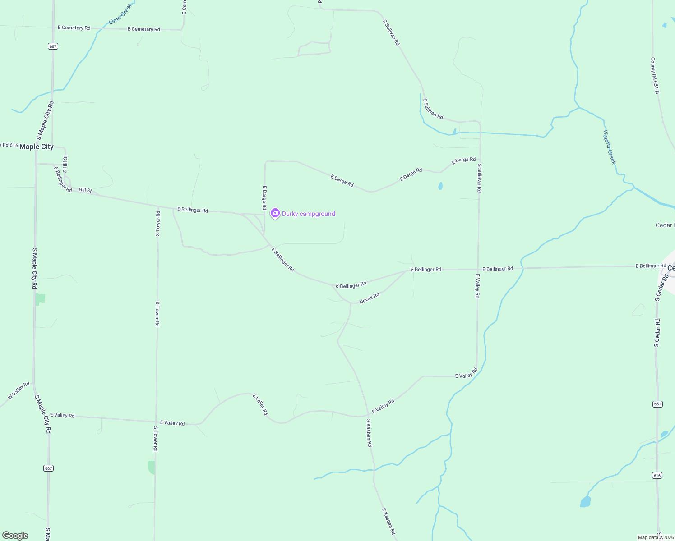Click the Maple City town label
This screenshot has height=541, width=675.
(36, 147)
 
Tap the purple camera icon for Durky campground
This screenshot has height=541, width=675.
(275, 213)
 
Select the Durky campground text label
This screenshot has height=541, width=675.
(308, 214)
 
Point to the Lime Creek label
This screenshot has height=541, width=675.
(120, 14)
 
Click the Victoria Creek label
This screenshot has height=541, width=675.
(610, 147)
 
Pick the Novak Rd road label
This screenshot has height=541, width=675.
(369, 298)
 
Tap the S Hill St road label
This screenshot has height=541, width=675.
(65, 164)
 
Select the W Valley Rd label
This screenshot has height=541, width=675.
(18, 391)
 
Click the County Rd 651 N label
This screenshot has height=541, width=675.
(655, 75)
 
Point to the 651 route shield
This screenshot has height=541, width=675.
(657, 404)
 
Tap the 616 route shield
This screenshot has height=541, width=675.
(657, 475)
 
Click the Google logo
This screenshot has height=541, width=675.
(15, 536)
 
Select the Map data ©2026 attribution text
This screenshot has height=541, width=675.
(656, 537)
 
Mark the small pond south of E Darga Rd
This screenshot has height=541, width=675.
(440, 186)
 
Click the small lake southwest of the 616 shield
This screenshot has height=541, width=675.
(585, 501)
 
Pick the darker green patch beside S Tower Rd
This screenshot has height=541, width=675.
(152, 467)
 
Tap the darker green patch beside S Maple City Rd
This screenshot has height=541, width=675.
(41, 298)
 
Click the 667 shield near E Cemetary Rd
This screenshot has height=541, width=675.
(53, 46)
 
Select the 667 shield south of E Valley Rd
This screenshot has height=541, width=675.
(49, 468)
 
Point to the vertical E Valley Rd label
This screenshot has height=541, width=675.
(477, 286)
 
